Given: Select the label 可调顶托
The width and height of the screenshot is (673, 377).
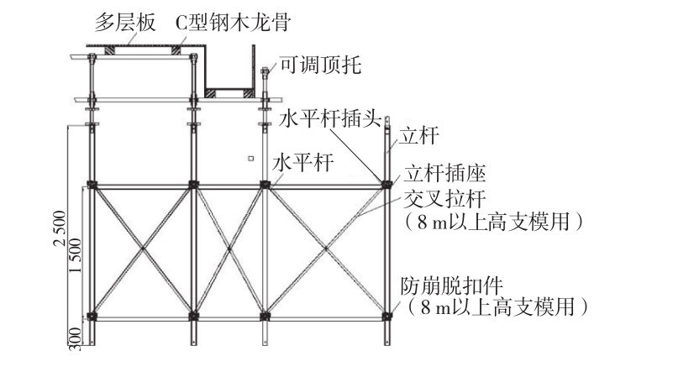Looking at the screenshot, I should coord(320,65).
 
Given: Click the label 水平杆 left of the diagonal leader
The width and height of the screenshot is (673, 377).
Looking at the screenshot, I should coord(299,163).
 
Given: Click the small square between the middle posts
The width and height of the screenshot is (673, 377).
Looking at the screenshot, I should coord(250,157).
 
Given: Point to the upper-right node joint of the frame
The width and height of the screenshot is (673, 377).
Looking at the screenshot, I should coord(387,184).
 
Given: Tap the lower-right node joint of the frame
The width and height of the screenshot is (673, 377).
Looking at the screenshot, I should coord(387,316).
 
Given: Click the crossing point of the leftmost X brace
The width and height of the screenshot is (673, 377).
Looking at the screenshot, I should coord(143,250).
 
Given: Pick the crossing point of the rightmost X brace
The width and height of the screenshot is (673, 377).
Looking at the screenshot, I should coord(326,250).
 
